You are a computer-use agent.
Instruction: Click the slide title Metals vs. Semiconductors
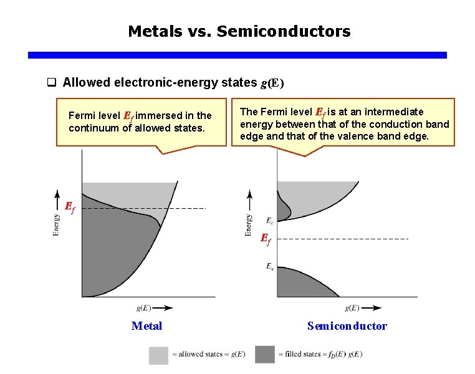[x=239, y=31]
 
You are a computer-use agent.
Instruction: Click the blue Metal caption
[x=146, y=326]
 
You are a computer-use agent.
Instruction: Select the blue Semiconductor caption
[x=347, y=326]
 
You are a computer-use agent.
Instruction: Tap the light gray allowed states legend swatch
[x=158, y=355]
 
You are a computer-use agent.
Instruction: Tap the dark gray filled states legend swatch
[x=264, y=355]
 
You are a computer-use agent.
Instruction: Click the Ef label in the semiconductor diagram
[x=265, y=238]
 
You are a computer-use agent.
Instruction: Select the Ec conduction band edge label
[x=269, y=220]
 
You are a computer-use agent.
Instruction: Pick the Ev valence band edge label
[x=269, y=267]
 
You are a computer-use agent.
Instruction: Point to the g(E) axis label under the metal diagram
[x=143, y=308]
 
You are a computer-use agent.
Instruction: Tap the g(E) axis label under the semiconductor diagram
[x=352, y=308]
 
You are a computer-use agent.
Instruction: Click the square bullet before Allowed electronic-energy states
[x=53, y=83]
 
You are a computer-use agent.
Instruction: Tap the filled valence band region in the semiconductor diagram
[x=305, y=284]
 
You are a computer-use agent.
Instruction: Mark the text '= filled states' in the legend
[x=300, y=355]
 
